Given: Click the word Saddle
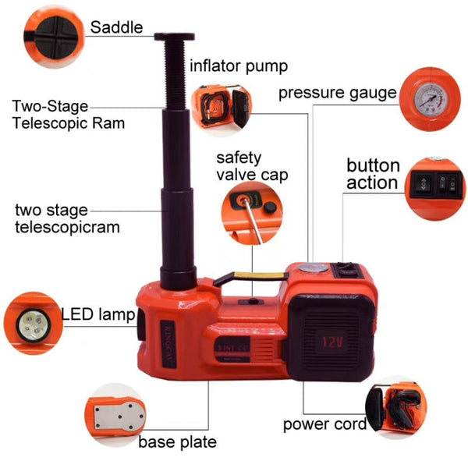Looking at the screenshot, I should [x=117, y=27].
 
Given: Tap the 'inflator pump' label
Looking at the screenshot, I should [x=239, y=66].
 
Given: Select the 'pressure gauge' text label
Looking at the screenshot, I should [x=338, y=94].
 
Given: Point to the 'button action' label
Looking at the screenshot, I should [x=373, y=175].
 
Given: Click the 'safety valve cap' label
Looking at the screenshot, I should [x=252, y=165].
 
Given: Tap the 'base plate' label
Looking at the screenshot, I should [x=177, y=442].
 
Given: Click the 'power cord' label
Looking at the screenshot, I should [x=325, y=425].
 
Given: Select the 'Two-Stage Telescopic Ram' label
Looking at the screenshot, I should [x=68, y=115].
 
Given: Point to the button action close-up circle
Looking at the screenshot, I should [x=435, y=184].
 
